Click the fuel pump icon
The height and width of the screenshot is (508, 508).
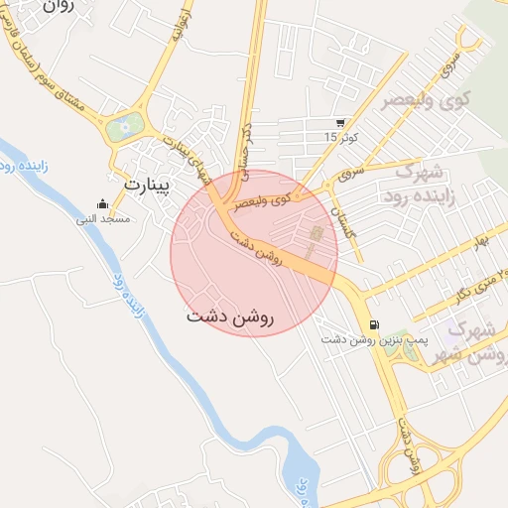click(x=373, y=324)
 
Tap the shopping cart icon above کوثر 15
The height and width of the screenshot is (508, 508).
click(x=340, y=122)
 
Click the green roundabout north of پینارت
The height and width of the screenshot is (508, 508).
click(x=124, y=127)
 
